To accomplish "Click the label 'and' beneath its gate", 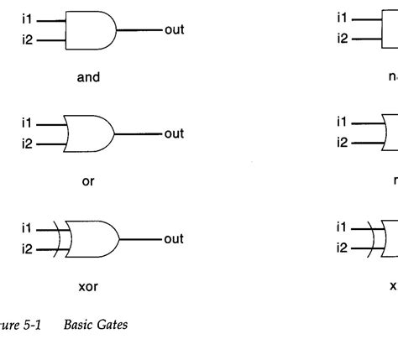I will tap(88, 77).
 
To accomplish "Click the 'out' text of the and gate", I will tap(173, 30).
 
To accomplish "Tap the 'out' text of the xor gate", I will tap(173, 239).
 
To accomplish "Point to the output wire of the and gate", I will tap(139, 30).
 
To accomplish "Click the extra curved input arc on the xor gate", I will tap(60, 239).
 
